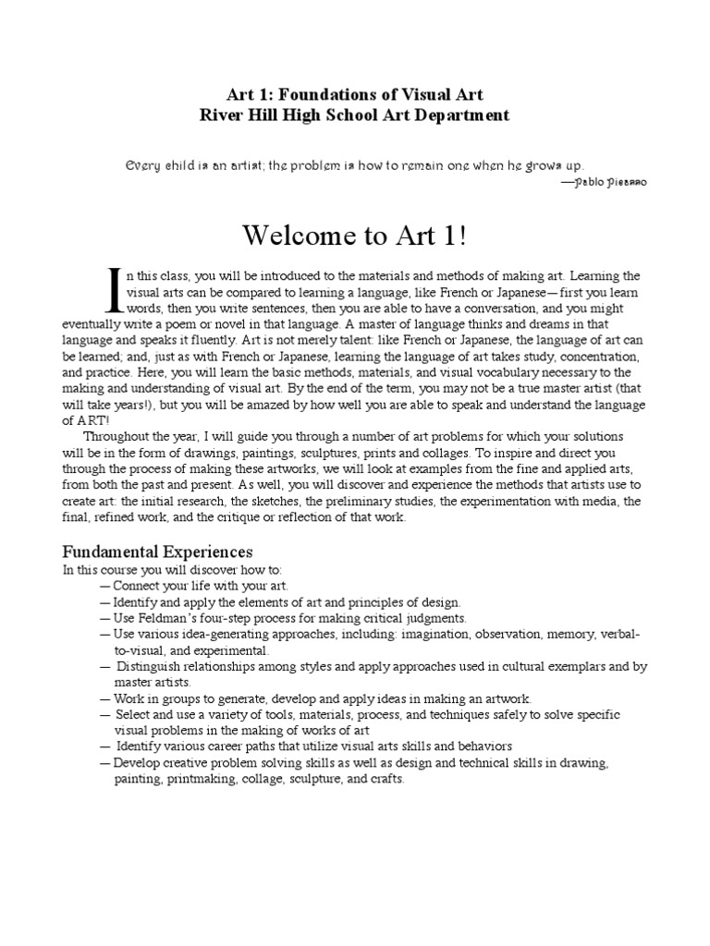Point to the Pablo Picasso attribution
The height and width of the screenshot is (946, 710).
[609, 183]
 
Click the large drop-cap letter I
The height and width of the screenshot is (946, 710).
[116, 288]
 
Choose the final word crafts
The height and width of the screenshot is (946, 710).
[385, 779]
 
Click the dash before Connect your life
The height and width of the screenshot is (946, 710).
[105, 586]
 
